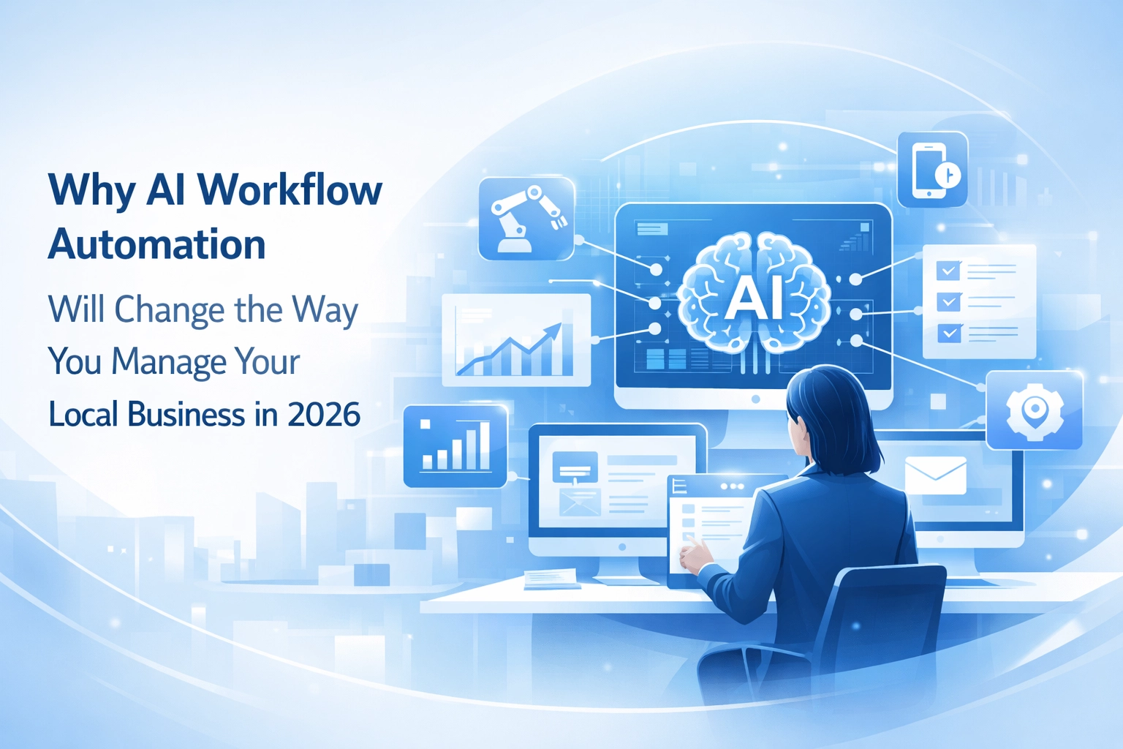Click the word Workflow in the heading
click(x=290, y=190)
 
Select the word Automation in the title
click(x=156, y=245)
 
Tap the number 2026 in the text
click(x=323, y=415)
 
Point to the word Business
click(x=186, y=415)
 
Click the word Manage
click(x=169, y=362)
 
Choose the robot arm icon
click(x=526, y=218)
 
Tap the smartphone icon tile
click(x=932, y=170)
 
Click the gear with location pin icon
click(x=1034, y=410)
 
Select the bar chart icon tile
click(x=455, y=446)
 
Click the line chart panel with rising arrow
click(x=516, y=340)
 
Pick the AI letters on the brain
click(x=753, y=298)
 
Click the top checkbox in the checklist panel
click(x=948, y=271)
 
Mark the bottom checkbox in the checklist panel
click(x=948, y=333)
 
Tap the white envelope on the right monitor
click(x=935, y=475)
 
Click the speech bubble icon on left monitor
click(x=575, y=467)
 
